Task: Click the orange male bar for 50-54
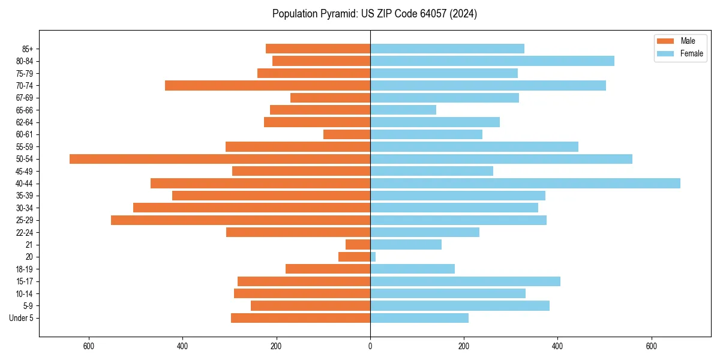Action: [x=220, y=159]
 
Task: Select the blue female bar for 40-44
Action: [x=525, y=184]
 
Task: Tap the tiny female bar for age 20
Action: [x=373, y=257]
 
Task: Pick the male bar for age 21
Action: [x=358, y=245]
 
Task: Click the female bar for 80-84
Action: [x=492, y=61]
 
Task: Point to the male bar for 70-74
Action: [x=268, y=86]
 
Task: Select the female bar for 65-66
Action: [x=403, y=110]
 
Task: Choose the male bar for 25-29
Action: [x=241, y=220]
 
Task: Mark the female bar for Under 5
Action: [x=419, y=318]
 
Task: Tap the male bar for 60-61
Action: [x=347, y=134]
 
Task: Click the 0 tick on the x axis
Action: [x=370, y=346]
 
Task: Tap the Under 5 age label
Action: [x=21, y=318]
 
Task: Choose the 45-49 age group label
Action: [x=25, y=172]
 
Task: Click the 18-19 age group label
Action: [x=25, y=269]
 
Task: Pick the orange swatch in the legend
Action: [x=666, y=41]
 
